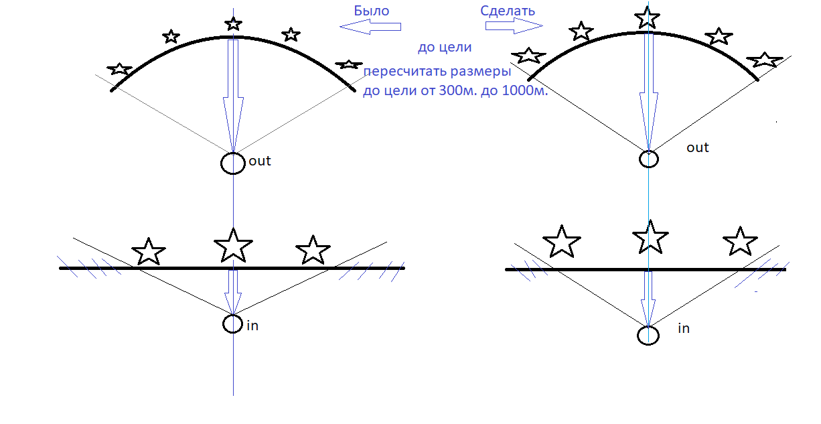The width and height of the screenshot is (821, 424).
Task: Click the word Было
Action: [371, 11]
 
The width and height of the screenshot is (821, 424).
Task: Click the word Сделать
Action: [508, 11]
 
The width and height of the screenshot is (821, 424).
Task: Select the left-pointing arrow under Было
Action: [370, 27]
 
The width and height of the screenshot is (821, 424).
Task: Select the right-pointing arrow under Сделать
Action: [514, 25]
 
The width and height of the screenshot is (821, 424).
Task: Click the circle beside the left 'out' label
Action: [233, 163]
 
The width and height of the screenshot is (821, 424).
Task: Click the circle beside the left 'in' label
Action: [232, 324]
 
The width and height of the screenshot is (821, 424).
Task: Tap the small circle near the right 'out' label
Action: [648, 159]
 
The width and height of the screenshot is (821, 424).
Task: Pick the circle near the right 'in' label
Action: [648, 335]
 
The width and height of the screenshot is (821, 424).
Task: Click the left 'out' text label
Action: [260, 161]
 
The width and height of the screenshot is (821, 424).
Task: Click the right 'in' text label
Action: [684, 328]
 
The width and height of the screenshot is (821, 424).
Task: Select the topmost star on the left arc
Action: [233, 24]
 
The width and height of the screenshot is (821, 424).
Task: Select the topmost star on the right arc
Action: [646, 17]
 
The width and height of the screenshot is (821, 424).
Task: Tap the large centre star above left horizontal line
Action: [233, 245]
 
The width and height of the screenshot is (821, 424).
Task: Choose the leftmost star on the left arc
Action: [120, 68]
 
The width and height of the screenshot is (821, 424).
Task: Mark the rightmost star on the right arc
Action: [764, 60]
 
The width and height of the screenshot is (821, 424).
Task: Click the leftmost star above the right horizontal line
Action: [561, 242]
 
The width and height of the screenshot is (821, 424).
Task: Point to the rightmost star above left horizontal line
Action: [313, 250]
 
